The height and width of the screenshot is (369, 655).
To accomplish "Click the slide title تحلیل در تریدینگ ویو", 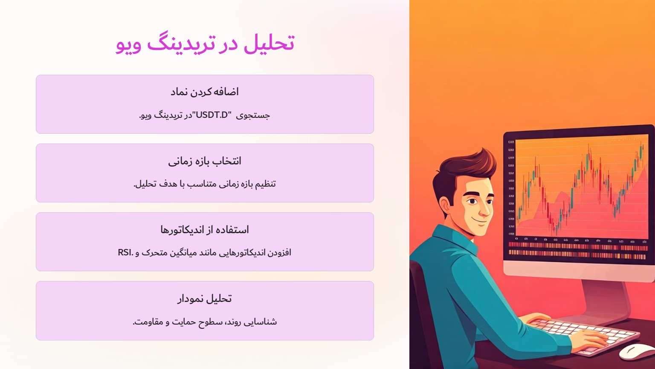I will [x=205, y=44].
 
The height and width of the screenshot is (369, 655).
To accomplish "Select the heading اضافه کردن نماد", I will [x=205, y=92].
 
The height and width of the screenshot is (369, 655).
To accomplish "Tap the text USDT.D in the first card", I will [x=212, y=115].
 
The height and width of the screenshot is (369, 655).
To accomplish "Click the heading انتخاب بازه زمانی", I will [x=205, y=161].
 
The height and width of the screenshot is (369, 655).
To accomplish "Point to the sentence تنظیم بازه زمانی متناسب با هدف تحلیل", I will [x=205, y=184].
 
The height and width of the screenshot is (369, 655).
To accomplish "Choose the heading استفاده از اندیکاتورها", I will [x=205, y=230].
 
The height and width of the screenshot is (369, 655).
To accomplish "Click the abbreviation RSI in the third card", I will [x=125, y=253].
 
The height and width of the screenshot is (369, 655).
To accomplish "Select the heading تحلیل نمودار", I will [x=205, y=299].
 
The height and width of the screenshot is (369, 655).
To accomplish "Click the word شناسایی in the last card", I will [x=265, y=322].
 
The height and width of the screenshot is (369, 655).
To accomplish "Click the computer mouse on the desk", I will [x=635, y=351].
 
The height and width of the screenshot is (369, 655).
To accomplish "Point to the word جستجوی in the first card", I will [x=259, y=115].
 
